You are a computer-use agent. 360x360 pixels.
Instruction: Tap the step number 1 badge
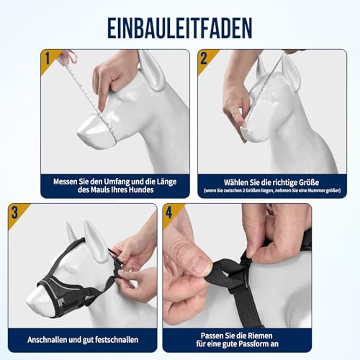49,58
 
